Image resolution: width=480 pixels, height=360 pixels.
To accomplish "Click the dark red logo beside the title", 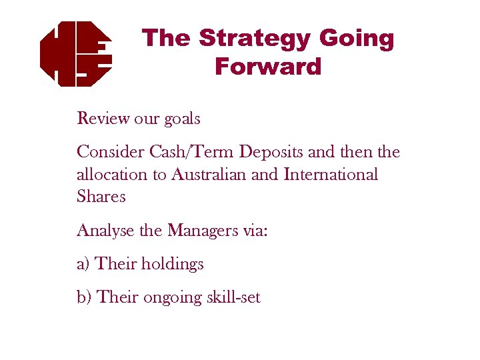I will click(x=75, y=53).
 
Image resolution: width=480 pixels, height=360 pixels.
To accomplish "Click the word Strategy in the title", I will click(x=255, y=38).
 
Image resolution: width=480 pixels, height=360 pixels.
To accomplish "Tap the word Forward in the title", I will click(x=268, y=67).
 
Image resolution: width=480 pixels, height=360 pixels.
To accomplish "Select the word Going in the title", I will click(x=357, y=38).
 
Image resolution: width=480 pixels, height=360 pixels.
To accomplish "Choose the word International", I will click(x=331, y=175).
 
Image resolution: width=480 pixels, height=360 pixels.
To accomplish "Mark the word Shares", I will click(x=101, y=197).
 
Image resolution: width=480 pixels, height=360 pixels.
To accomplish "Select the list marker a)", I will click(x=84, y=264).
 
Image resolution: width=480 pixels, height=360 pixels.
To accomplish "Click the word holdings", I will click(x=172, y=265).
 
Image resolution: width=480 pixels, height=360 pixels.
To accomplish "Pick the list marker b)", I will click(x=85, y=297).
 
